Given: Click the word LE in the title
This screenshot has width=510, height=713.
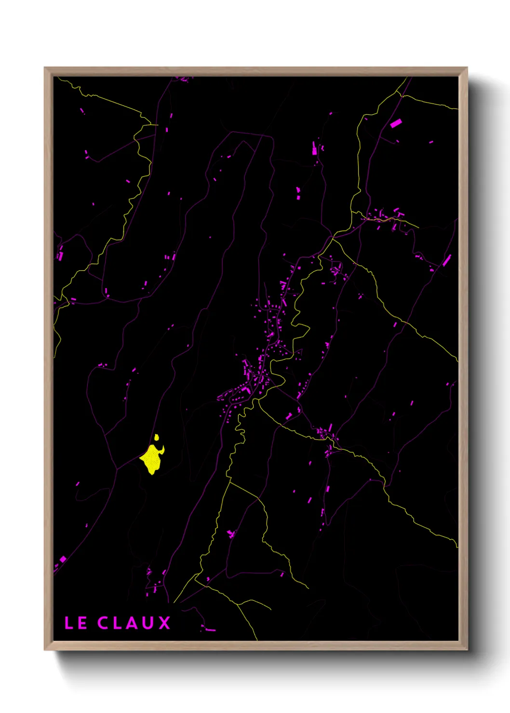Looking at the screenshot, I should tap(76, 623).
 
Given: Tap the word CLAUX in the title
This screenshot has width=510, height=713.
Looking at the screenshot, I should tap(134, 623).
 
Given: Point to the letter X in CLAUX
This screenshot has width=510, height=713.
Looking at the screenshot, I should tap(164, 623).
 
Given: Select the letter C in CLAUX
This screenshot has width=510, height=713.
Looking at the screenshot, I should tap(103, 623).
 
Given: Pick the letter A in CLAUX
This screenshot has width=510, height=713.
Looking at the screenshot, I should tap(132, 623).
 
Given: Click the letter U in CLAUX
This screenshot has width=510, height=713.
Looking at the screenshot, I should tap(148, 623).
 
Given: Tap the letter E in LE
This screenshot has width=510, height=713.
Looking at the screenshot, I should tap(82, 623).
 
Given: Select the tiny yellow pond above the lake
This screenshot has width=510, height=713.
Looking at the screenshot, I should tap(157, 437).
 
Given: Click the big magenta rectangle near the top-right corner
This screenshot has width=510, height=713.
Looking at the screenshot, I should tap(396, 123).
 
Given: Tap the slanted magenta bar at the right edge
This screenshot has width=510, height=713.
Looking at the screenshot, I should tap(447, 261).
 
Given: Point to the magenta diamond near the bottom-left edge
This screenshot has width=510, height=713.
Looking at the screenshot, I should tap(63, 559).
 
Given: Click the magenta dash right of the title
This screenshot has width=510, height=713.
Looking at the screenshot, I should tap(211, 630).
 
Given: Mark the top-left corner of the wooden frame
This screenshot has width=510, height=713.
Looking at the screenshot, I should tap(45, 68).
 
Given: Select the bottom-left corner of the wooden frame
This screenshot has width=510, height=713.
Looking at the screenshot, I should tap(45, 650).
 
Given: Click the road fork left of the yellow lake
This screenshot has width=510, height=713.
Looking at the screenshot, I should tap(117, 469).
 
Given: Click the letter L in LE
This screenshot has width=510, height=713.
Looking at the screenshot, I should tap(68, 623).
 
